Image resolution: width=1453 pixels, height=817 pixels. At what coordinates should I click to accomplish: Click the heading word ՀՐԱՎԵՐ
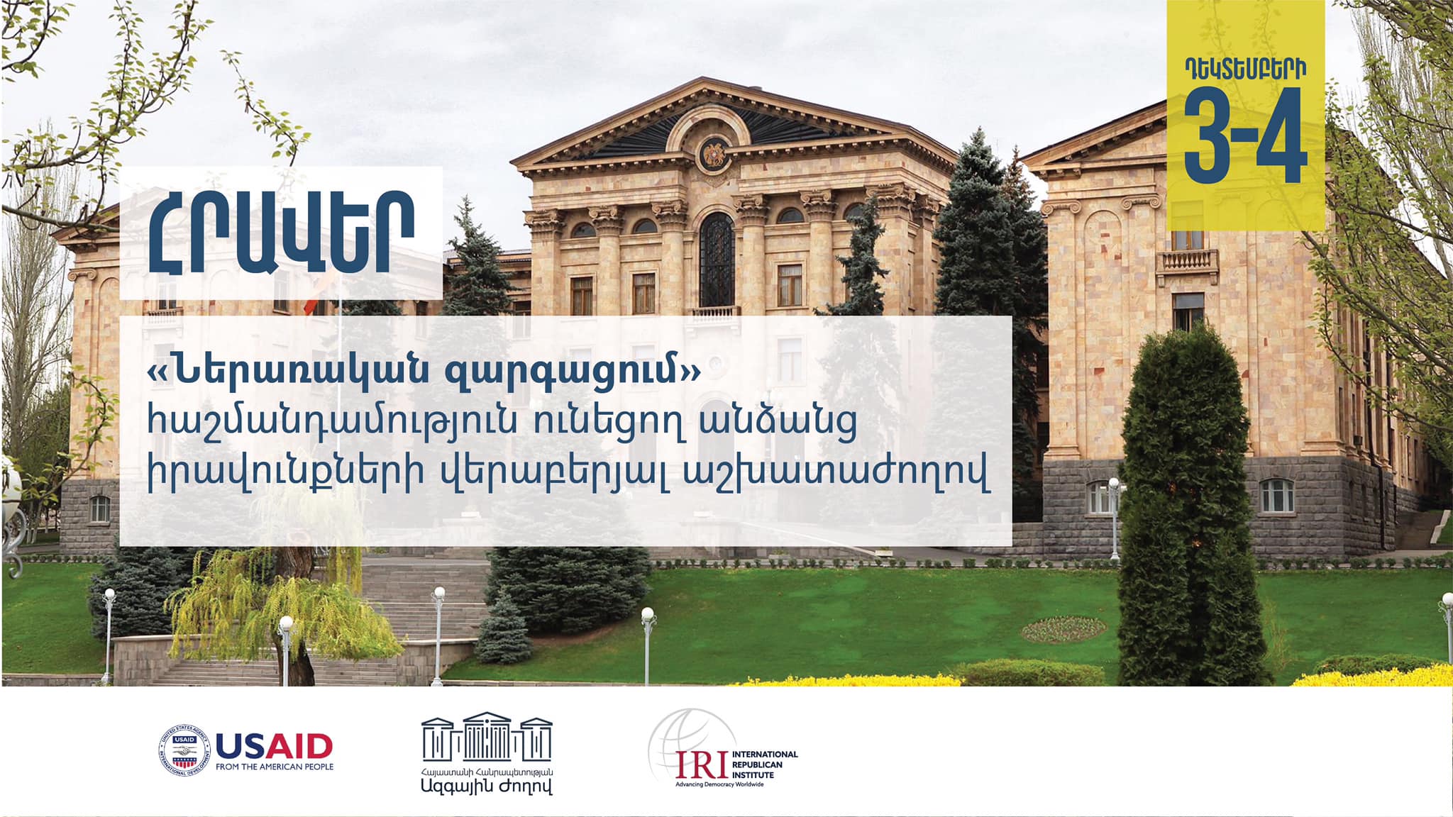(x=281, y=233)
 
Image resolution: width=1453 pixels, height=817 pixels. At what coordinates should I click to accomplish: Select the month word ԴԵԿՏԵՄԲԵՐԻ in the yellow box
(x=1245, y=69)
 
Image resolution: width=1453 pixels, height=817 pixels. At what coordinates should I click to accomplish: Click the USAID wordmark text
(x=274, y=746)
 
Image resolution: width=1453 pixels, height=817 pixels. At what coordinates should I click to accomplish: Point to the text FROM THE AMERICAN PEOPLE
(x=275, y=767)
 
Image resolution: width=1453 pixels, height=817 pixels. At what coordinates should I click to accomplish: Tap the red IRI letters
(x=701, y=764)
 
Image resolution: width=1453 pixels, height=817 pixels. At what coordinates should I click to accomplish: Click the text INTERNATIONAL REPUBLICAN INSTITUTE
(x=764, y=765)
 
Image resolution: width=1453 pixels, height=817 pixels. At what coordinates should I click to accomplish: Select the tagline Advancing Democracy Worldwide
(x=719, y=784)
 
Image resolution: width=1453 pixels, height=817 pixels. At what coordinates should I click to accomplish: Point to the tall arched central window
(x=717, y=259)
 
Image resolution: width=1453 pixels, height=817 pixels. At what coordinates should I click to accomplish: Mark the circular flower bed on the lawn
(x=1063, y=629)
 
